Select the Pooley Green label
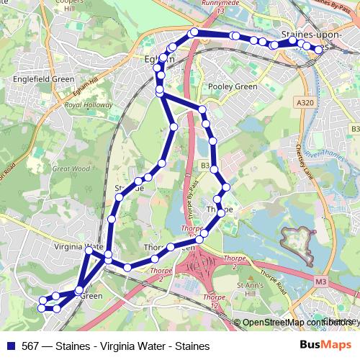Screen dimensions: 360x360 (x=232, y=86)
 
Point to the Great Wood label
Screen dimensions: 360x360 (x=71, y=169)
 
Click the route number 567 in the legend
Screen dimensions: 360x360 (x=32, y=346)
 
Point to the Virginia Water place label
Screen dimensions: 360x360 (x=74, y=246)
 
